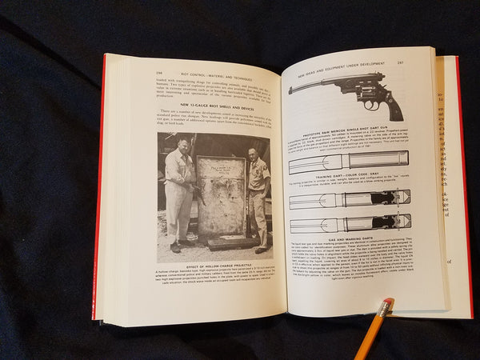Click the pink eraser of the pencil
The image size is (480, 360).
(x=388, y=303)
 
